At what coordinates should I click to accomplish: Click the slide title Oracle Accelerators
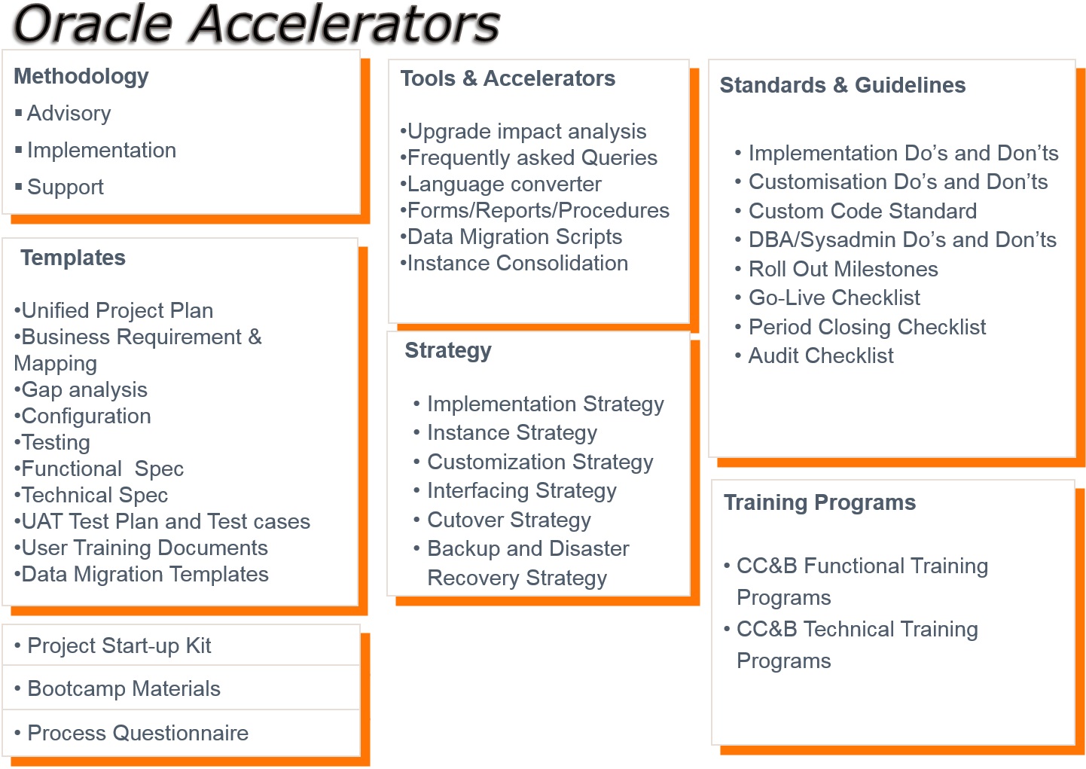coord(257,23)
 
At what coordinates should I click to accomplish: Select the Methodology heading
coord(81,77)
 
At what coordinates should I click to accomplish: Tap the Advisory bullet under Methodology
coord(69,114)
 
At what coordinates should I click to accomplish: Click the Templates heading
coord(73,258)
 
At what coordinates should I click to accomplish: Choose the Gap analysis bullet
coord(84,390)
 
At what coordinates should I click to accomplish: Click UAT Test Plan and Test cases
coord(166,522)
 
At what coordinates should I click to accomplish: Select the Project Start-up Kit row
coord(119,645)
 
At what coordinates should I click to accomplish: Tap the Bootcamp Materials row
coord(124,688)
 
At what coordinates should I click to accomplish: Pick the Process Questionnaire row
coord(138,733)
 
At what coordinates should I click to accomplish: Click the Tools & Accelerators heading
coord(508,78)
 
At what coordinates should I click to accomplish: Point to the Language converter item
coord(505,185)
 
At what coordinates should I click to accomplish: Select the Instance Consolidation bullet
coord(518,264)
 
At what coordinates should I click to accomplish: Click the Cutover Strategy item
coord(509,520)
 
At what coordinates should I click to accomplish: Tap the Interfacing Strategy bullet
coord(522,491)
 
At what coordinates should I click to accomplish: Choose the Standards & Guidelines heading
coord(843,85)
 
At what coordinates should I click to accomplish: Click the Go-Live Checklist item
coord(834,298)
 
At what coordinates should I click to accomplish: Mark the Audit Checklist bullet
coord(821,356)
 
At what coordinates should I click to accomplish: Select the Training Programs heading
coord(820,503)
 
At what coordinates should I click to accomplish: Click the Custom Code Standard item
coord(862,211)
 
